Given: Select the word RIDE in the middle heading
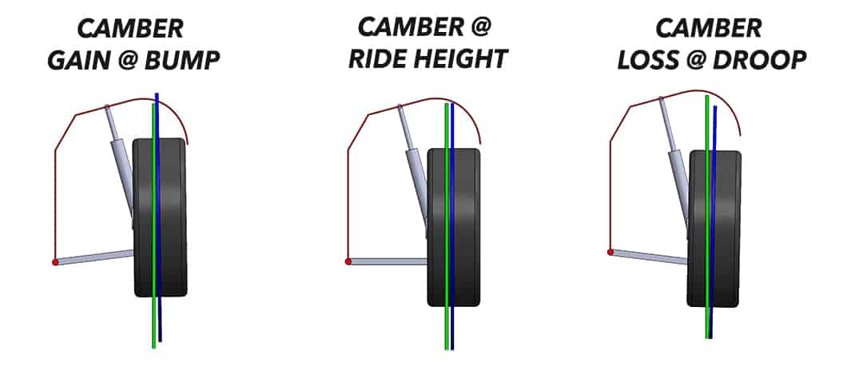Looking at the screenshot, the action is pos(381,59).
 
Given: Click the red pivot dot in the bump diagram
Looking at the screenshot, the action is pos(55,261).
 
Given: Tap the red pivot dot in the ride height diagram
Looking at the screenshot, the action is pos(348,261).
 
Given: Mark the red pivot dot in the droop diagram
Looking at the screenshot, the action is pos(610,252).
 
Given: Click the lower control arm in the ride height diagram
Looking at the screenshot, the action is pos(388,261).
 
